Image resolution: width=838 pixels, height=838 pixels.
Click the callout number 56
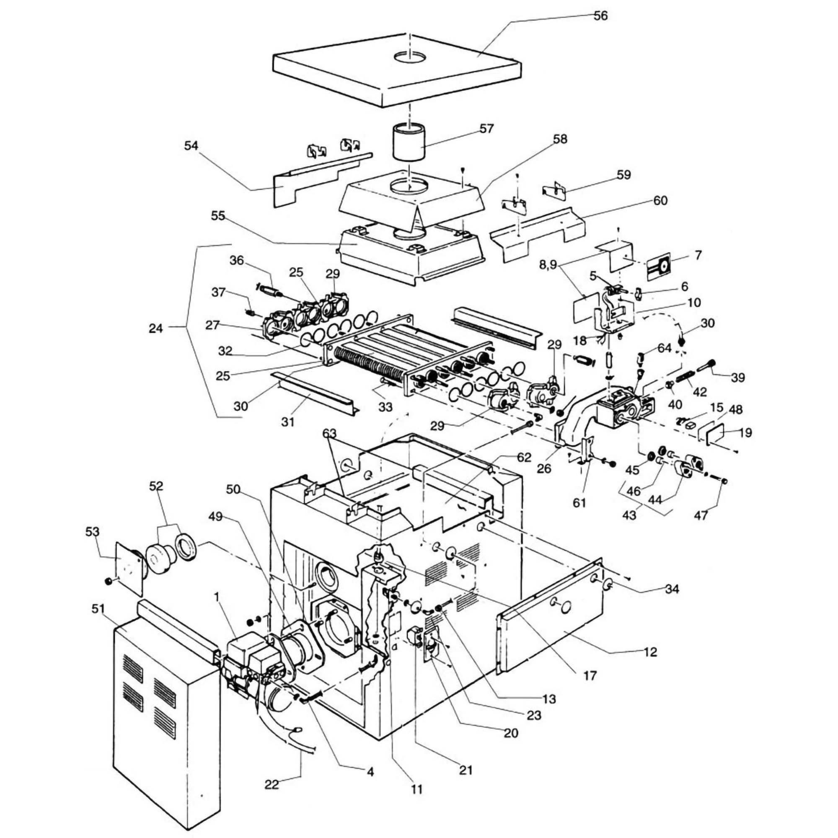(x=600, y=16)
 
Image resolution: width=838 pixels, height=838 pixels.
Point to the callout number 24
(x=156, y=329)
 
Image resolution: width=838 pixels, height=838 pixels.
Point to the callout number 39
(x=737, y=378)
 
